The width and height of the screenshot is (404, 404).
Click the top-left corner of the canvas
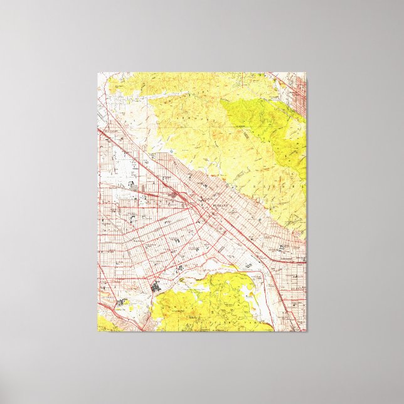pyautogui.click(x=98, y=73)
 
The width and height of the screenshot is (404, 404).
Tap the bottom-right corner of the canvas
pyautogui.click(x=306, y=331)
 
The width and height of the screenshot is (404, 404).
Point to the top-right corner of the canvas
pyautogui.click(x=306, y=73)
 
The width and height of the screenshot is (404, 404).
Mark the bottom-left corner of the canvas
pyautogui.click(x=98, y=331)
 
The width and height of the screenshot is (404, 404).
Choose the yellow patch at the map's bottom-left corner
pyautogui.click(x=104, y=324)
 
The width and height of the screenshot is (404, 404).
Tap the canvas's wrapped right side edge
pyautogui.click(x=307, y=201)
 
